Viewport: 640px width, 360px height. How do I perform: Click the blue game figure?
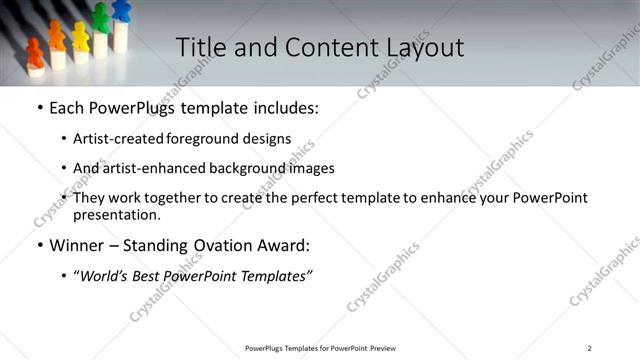(121, 10)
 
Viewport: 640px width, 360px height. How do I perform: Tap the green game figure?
(100, 17)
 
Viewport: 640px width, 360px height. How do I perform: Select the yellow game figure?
(80, 35)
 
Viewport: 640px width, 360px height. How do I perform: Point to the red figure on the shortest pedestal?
(35, 53)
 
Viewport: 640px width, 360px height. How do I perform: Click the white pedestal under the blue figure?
(121, 36)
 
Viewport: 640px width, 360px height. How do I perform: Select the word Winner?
(78, 245)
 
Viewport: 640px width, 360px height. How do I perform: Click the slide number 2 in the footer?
(589, 348)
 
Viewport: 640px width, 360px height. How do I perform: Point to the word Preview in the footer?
(384, 348)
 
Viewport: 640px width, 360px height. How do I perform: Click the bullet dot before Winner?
(39, 245)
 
